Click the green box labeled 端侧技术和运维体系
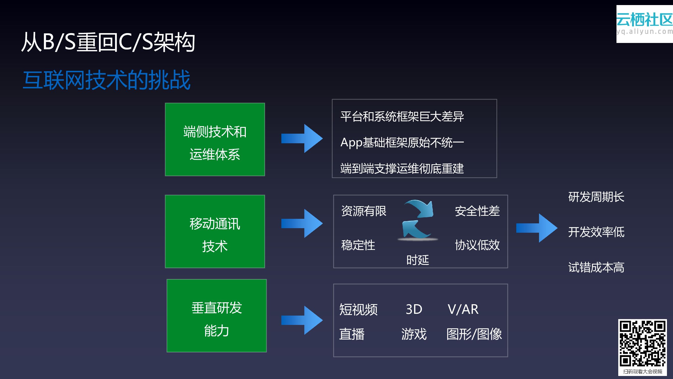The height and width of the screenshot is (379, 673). click(215, 139)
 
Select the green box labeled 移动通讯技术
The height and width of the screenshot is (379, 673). click(215, 231)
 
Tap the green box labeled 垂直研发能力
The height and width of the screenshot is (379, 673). click(217, 316)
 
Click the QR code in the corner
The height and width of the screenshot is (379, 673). click(642, 343)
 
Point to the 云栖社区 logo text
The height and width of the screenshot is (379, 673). click(644, 20)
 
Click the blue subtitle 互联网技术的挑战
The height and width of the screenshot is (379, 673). click(106, 80)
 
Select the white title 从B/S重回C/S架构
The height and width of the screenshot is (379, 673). click(108, 42)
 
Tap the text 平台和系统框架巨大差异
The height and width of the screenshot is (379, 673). click(402, 117)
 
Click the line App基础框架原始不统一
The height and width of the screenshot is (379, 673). click(402, 143)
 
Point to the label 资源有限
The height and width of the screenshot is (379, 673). click(364, 211)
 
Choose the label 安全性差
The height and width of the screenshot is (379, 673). click(477, 211)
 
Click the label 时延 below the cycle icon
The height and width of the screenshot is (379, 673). click(417, 260)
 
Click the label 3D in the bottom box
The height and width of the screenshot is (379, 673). click(414, 309)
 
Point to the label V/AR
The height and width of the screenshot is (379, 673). click(463, 309)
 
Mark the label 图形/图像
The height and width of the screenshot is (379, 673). click(474, 334)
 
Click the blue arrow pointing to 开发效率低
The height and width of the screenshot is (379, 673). click(537, 228)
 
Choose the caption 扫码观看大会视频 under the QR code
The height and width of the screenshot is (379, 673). click(642, 371)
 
